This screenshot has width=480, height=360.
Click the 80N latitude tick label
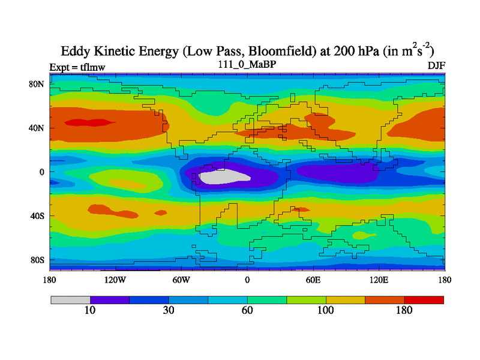point(38,84)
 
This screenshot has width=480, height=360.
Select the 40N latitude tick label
point(38,128)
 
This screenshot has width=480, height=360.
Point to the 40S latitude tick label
point(38,215)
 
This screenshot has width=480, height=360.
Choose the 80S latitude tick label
point(38,260)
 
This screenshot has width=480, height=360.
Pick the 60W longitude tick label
point(181,280)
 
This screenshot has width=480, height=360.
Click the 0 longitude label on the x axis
point(247,280)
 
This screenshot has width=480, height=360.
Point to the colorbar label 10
point(90,310)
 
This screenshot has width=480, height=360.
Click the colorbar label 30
point(169,310)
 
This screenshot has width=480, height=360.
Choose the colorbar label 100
point(326,310)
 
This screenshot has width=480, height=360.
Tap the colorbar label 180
point(404,310)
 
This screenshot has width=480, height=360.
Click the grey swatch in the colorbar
point(70,299)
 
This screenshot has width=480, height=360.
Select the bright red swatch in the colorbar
point(424,299)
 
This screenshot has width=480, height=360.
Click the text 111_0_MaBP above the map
point(246,64)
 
